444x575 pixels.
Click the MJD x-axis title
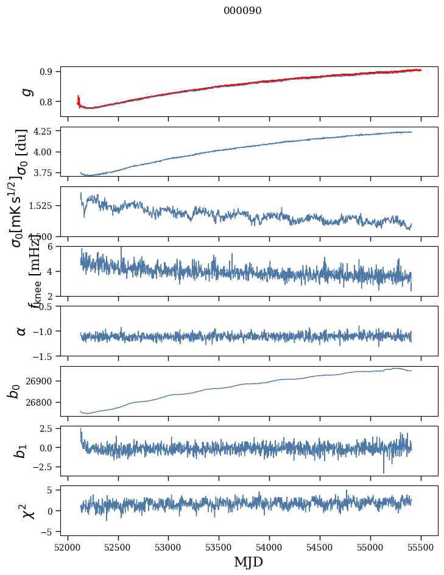pos(248,562)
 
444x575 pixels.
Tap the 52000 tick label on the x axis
pos(68,547)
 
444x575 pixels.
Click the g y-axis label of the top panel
pos(25,91)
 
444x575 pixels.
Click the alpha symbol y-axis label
pos(21,331)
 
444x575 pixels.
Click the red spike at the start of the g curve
pos(79,99)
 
